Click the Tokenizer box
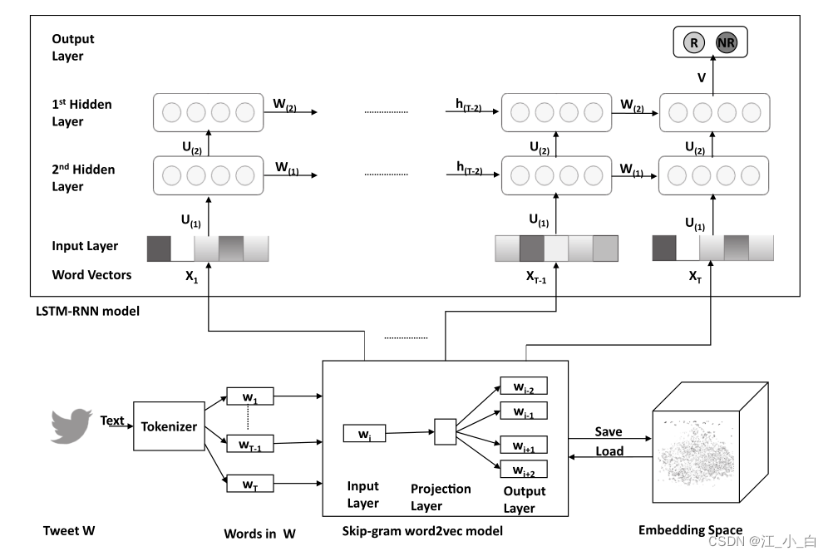pos(168,426)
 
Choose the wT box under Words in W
pos(250,483)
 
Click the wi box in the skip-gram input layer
pos(364,433)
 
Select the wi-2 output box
pos(523,386)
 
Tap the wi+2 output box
pos(523,469)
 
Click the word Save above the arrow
pos(609,432)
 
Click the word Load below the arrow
pos(609,452)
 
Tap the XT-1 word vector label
pos(536,277)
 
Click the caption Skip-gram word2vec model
pos(422,530)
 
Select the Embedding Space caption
pos(690,530)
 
